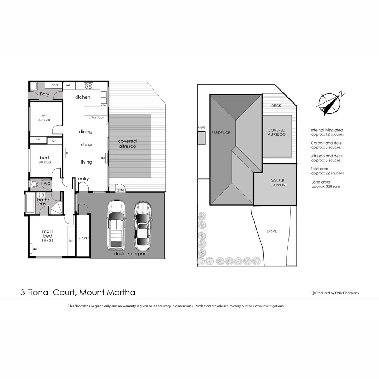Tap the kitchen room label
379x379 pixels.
pos(82,97)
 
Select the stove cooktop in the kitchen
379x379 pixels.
pos(88,85)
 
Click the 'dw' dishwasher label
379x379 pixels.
pos(104,105)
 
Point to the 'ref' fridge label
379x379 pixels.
pos(68,85)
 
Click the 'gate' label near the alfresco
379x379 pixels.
pos(120,190)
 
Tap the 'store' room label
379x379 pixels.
pos(84,238)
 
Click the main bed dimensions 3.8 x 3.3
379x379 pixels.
pos(48,241)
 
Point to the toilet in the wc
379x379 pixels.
pos(34,184)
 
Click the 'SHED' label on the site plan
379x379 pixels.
pos(202,128)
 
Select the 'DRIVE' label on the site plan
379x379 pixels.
pos(272,231)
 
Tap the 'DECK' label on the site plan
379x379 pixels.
pos(276,106)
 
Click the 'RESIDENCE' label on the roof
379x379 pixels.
pos(220,133)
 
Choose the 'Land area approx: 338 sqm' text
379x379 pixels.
pos(325,184)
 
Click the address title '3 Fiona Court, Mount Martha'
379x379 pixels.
pos(78,292)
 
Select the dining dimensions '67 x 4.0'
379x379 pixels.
pos(86,145)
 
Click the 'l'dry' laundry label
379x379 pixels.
pos(44,94)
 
